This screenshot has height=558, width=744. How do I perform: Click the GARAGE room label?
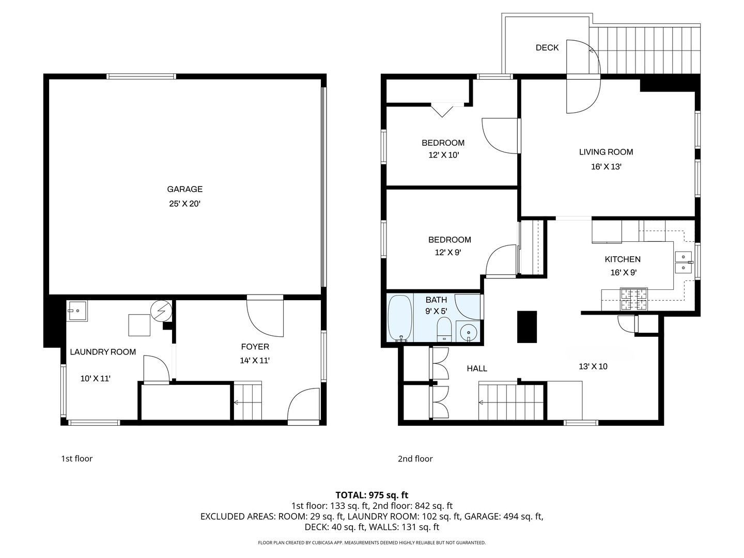click(x=185, y=189)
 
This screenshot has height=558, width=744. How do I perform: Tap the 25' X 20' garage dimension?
click(x=185, y=204)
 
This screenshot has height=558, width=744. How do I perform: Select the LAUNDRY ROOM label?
click(x=103, y=352)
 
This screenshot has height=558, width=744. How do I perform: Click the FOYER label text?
click(x=255, y=347)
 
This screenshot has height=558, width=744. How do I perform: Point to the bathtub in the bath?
click(x=400, y=318)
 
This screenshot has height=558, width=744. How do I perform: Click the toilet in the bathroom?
click(x=444, y=329)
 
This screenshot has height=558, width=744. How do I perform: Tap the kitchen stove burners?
click(x=633, y=299)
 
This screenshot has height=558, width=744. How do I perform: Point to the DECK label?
click(x=547, y=48)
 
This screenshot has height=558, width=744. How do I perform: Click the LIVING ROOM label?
click(x=606, y=152)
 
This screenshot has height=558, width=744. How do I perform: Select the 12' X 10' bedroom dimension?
click(x=444, y=155)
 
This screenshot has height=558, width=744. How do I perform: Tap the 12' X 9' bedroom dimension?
click(x=448, y=253)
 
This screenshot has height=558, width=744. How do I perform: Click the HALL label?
click(x=477, y=368)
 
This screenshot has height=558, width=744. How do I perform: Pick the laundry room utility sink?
click(x=78, y=311)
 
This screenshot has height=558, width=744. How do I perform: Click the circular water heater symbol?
click(x=161, y=311)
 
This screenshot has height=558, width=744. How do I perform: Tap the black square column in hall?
click(x=526, y=327)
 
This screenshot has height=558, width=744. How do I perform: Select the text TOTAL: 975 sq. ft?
click(x=372, y=495)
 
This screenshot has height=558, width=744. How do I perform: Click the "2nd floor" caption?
click(x=415, y=459)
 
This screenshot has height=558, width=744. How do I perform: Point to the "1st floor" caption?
click(x=76, y=459)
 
